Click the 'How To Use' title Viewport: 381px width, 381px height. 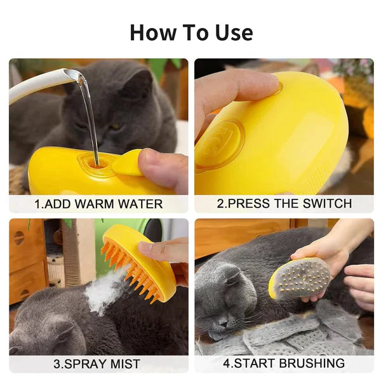pos(190,32)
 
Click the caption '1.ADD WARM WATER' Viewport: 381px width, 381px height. pos(98,204)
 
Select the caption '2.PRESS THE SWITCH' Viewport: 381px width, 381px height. pos(284,204)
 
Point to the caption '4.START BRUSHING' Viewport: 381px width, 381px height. pos(284,364)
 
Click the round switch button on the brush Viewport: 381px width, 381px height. pos(219,144)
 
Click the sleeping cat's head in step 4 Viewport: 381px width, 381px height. pos(225,298)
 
